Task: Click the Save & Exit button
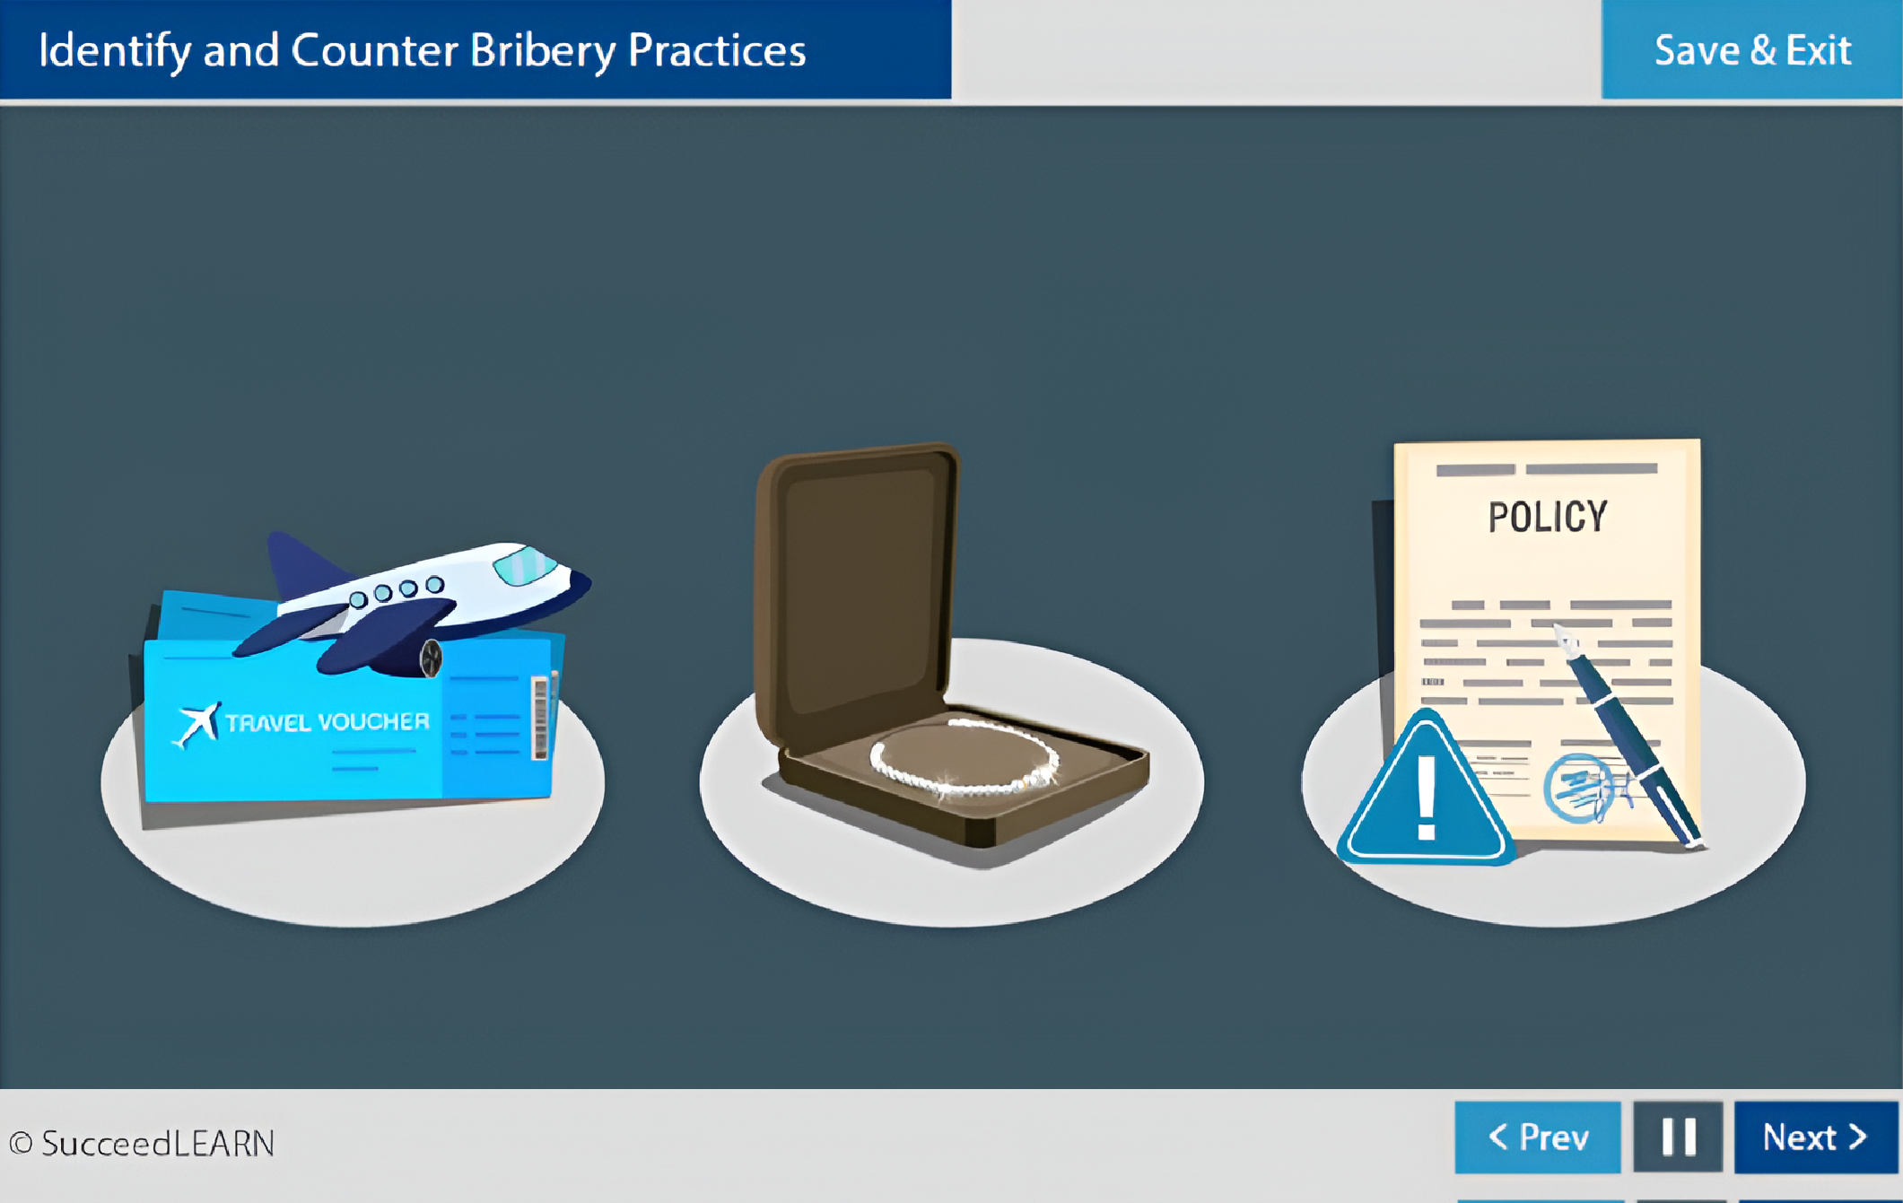coord(1751,49)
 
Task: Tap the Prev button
coord(1537,1137)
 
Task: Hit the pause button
coord(1678,1137)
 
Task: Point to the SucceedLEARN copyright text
coord(142,1143)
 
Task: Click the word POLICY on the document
coord(1548,517)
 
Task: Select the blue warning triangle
coord(1425,789)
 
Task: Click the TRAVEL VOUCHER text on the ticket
coord(327,722)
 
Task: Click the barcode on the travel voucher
coord(540,718)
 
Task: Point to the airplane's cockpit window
coord(525,564)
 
